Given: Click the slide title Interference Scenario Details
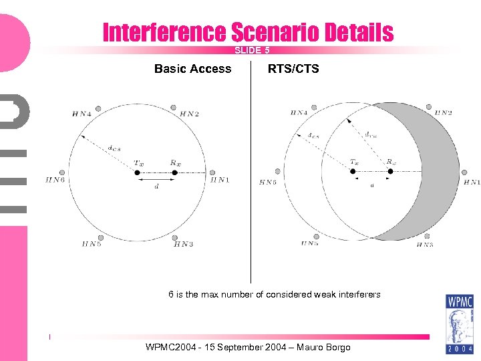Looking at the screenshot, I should (248, 32).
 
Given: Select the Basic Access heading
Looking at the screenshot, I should (192, 69).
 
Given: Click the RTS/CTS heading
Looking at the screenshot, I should (293, 69).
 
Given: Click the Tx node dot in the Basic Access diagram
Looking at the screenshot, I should (137, 172).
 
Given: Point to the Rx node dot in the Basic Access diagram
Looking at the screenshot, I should (174, 172).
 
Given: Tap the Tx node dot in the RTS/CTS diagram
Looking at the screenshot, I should (353, 171).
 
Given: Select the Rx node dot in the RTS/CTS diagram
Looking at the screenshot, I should (390, 171).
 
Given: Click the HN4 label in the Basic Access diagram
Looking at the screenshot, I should (81, 114).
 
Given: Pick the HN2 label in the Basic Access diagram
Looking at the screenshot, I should (189, 114).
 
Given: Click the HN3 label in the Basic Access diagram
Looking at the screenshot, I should (183, 244).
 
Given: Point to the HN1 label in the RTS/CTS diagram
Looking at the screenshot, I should (470, 181).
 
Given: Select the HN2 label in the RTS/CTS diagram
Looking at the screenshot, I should (443, 113).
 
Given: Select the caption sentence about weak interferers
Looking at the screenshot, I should (274, 294).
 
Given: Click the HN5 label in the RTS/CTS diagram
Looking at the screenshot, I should (309, 244).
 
